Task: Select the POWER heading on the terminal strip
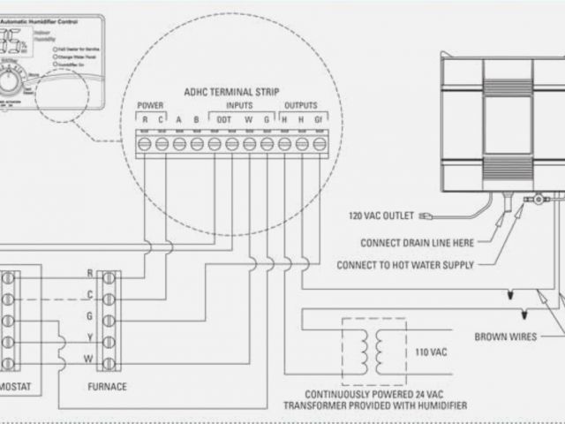pos(151,106)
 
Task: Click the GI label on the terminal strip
pos(320,120)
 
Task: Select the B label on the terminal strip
pos(197,120)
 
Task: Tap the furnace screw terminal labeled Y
pos(109,340)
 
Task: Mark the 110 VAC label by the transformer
pos(431,352)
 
